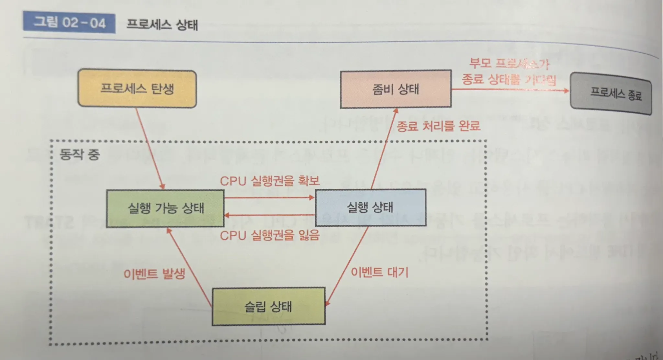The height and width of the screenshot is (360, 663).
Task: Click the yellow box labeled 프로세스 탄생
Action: coord(137,89)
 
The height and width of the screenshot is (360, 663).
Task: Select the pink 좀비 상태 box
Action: coord(395,89)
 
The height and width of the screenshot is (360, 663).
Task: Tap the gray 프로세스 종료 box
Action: coord(611,94)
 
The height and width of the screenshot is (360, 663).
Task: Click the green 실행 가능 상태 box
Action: coord(165,208)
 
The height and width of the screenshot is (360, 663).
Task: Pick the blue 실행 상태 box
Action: coord(370,207)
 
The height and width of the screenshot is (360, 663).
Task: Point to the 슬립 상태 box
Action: coord(268,306)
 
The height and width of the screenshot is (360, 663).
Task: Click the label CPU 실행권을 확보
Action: coord(270,181)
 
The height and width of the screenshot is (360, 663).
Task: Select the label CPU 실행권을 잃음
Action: coord(270,235)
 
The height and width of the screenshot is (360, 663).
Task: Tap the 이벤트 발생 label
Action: coord(154,274)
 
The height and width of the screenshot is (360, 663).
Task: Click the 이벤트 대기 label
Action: coord(380,272)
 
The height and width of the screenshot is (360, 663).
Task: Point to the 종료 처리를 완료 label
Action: coord(438,126)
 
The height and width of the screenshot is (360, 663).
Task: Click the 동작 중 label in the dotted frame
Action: coord(80,154)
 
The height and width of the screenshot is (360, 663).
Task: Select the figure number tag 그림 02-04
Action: coord(69,23)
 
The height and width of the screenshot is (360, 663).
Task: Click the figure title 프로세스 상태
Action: coord(162,25)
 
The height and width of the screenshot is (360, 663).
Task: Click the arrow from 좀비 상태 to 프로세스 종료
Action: coord(510,90)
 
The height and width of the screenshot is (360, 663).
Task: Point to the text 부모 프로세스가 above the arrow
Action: coord(509,63)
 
